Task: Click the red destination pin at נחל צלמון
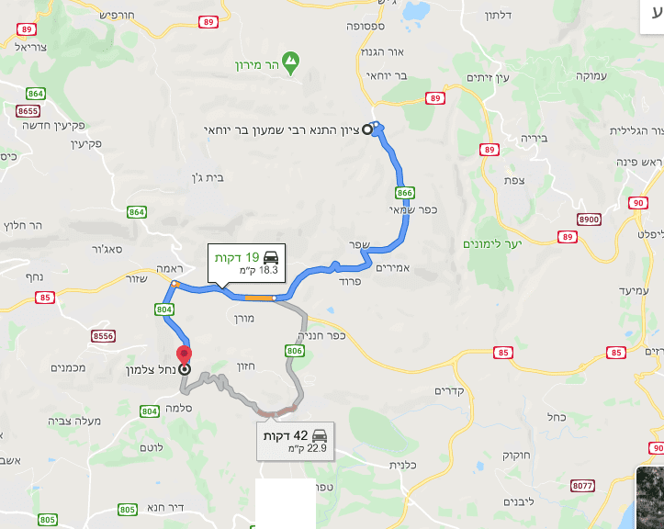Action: coord(185,354)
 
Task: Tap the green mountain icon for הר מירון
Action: coord(291,62)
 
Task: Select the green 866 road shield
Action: coord(404,193)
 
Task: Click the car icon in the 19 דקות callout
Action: coord(271,256)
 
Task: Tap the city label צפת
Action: coord(514,180)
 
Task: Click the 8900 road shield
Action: coord(589,219)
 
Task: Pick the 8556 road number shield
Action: coord(104,337)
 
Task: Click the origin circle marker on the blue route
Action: coord(368,129)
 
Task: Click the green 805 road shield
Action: coord(128,509)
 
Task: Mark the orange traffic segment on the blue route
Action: coord(259,297)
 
